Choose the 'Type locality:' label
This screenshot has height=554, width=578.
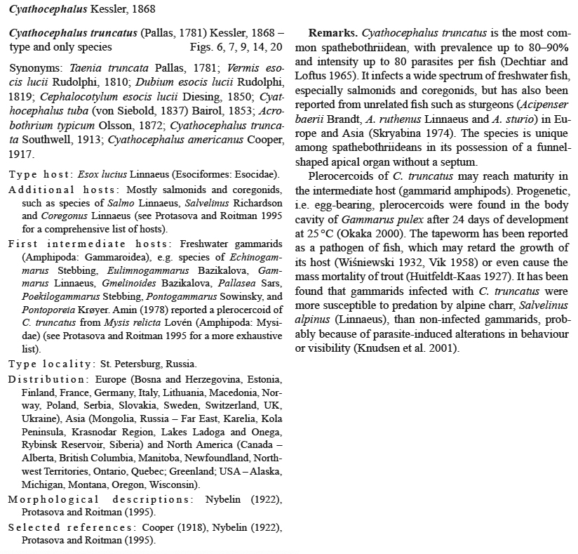pos(51,364)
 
